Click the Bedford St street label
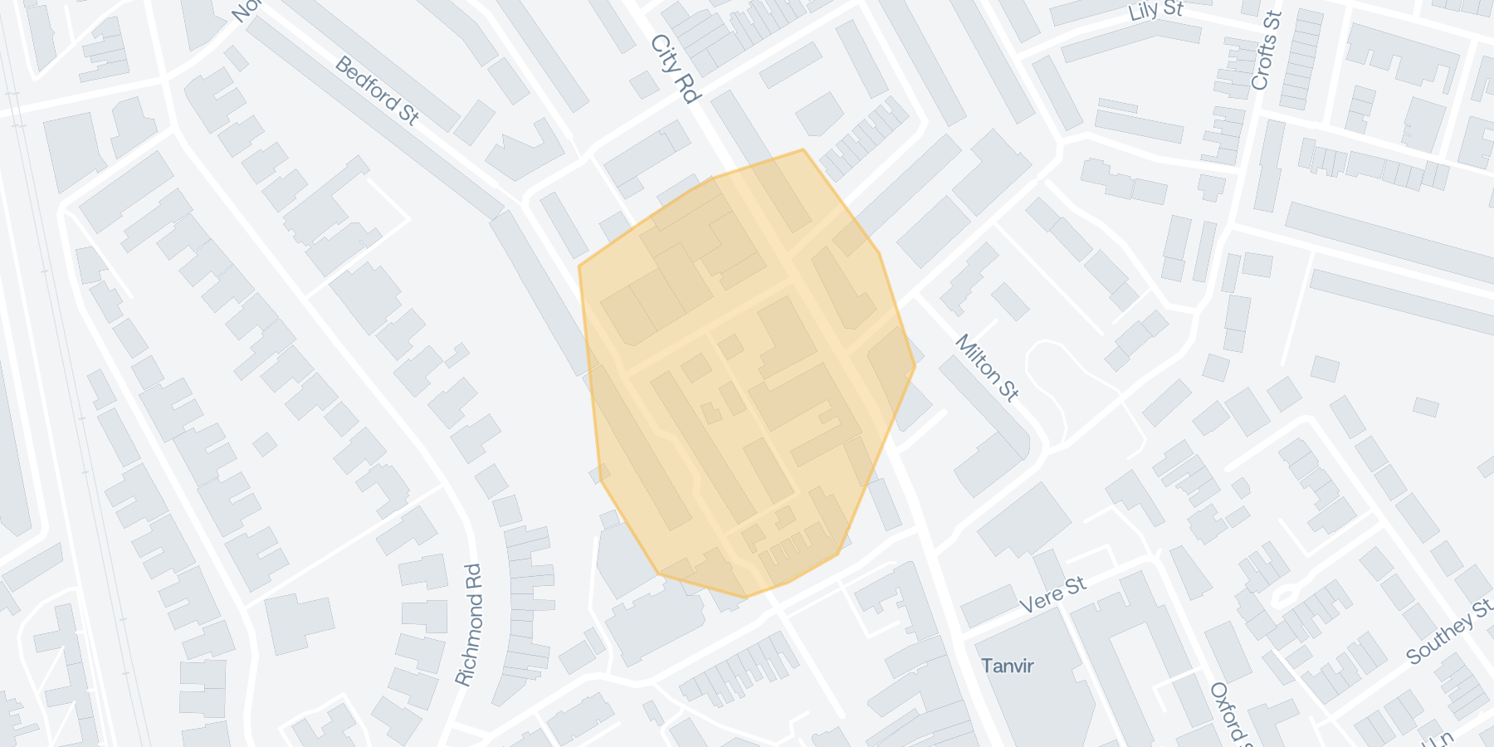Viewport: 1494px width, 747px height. tap(377, 90)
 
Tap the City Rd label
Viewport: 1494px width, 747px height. tap(676, 68)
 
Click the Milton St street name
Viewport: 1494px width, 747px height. tap(987, 368)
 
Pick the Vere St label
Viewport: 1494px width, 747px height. tap(1052, 595)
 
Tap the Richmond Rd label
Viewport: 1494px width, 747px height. tap(469, 625)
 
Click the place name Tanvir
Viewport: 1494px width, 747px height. tap(1008, 666)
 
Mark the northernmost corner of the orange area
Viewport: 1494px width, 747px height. tap(803, 150)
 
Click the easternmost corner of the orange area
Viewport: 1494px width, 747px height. tap(915, 366)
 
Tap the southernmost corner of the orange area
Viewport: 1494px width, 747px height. tap(745, 597)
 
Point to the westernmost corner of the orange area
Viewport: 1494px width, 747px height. tap(579, 266)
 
